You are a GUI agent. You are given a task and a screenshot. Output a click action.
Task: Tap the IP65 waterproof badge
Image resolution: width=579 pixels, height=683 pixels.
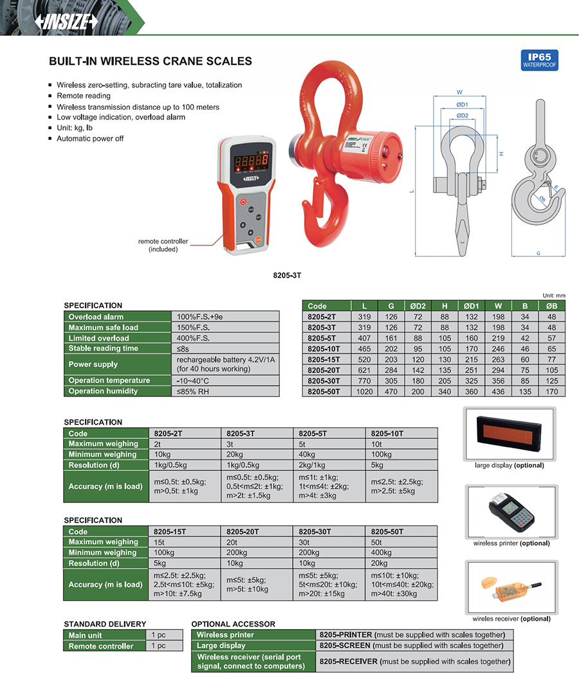click(x=540, y=60)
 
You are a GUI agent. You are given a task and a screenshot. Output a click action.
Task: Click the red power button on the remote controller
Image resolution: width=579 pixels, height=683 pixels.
click(x=243, y=201)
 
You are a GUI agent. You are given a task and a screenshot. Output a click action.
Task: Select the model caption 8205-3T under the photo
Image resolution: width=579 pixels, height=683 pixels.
click(x=288, y=275)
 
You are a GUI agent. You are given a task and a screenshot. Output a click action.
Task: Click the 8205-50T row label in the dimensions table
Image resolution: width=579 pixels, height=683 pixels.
click(x=324, y=391)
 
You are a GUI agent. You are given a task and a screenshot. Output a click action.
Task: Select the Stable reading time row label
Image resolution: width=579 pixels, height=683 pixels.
click(x=104, y=348)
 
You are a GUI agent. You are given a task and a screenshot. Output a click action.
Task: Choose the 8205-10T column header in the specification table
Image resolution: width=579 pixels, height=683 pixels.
click(x=387, y=434)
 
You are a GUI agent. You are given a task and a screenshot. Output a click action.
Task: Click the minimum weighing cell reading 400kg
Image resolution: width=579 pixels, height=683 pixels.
click(x=381, y=553)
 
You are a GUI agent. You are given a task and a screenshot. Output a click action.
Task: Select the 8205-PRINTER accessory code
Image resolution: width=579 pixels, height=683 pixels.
click(x=346, y=635)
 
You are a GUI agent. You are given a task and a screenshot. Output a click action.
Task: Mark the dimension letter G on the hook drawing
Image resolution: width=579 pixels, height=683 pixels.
click(x=538, y=253)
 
